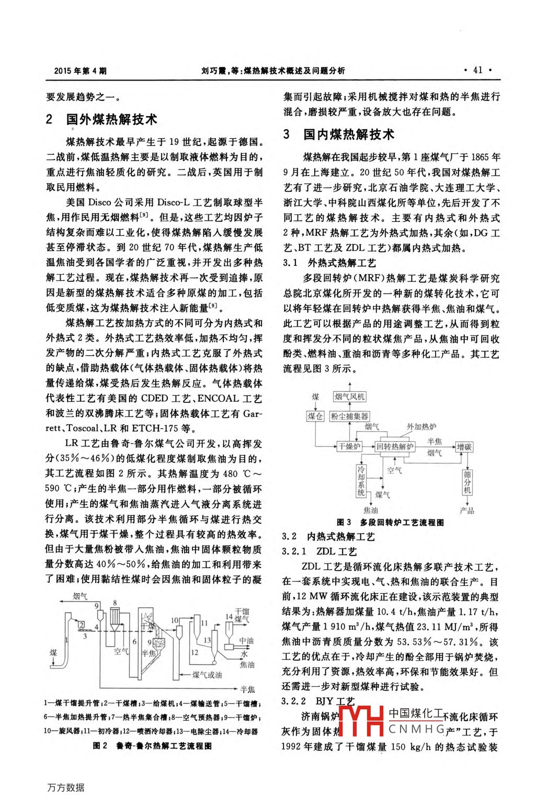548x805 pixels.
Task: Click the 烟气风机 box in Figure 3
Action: (350, 397)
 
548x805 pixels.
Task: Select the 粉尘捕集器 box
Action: (350, 416)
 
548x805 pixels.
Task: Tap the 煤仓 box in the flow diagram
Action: (315, 416)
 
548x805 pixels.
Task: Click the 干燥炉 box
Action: (349, 446)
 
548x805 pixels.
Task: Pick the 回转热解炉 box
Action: (395, 446)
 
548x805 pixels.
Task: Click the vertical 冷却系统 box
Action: (361, 481)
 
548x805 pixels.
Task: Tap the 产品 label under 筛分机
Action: (467, 510)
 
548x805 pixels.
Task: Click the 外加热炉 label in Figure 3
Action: (421, 427)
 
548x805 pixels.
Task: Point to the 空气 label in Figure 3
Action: (394, 471)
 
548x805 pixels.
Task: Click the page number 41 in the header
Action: (478, 70)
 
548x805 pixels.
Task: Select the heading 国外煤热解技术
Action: (111, 120)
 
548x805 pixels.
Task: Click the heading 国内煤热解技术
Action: (349, 135)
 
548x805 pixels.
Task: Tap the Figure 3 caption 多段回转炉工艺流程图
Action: (402, 522)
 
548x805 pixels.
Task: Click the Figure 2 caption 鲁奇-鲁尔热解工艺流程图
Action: (164, 745)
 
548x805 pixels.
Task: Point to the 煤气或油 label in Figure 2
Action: (207, 675)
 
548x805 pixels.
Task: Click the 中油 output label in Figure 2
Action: (246, 641)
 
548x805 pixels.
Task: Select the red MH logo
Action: (361, 721)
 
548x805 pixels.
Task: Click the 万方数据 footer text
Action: (66, 787)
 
